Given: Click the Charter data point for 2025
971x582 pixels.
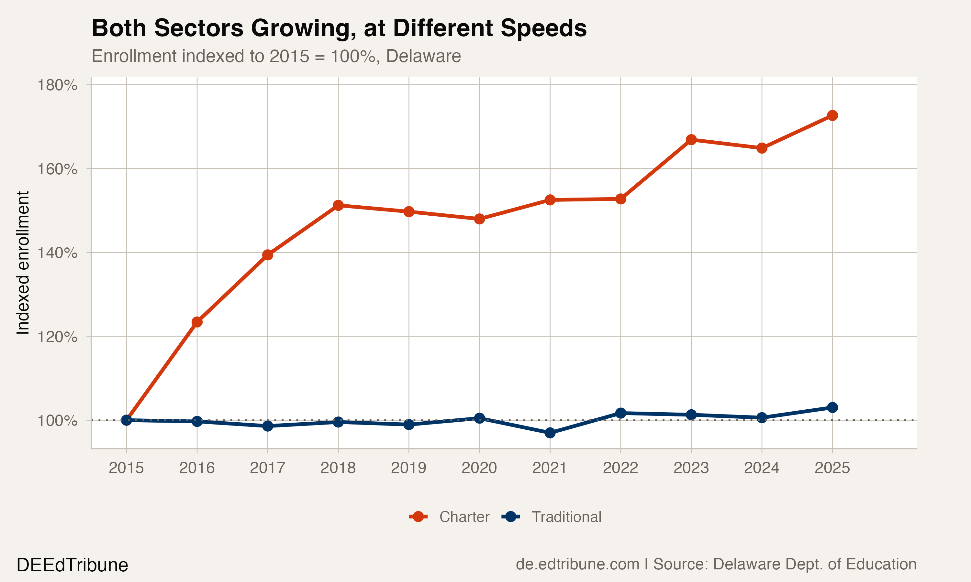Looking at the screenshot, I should click(x=832, y=115).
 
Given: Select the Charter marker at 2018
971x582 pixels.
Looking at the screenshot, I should click(x=338, y=205).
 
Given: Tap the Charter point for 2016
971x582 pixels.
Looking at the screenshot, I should click(x=197, y=322).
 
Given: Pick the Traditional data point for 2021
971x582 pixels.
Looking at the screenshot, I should click(x=550, y=433).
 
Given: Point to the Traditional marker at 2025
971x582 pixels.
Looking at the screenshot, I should click(x=832, y=407).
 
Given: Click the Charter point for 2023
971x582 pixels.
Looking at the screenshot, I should click(x=691, y=140).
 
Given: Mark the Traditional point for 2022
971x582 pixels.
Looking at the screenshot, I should click(x=620, y=413).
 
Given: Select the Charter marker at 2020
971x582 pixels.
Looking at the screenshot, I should click(x=479, y=219).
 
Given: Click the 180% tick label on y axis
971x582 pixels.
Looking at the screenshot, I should click(x=57, y=85).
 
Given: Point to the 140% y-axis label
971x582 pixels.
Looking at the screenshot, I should click(x=57, y=253).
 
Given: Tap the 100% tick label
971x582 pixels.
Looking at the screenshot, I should click(x=57, y=421).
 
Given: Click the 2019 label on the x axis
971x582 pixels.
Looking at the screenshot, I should click(x=408, y=468).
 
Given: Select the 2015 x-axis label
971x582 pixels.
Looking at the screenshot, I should click(x=126, y=468).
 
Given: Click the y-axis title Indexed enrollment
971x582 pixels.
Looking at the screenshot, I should click(x=23, y=263).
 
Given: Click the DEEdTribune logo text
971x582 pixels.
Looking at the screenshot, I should click(x=72, y=565).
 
